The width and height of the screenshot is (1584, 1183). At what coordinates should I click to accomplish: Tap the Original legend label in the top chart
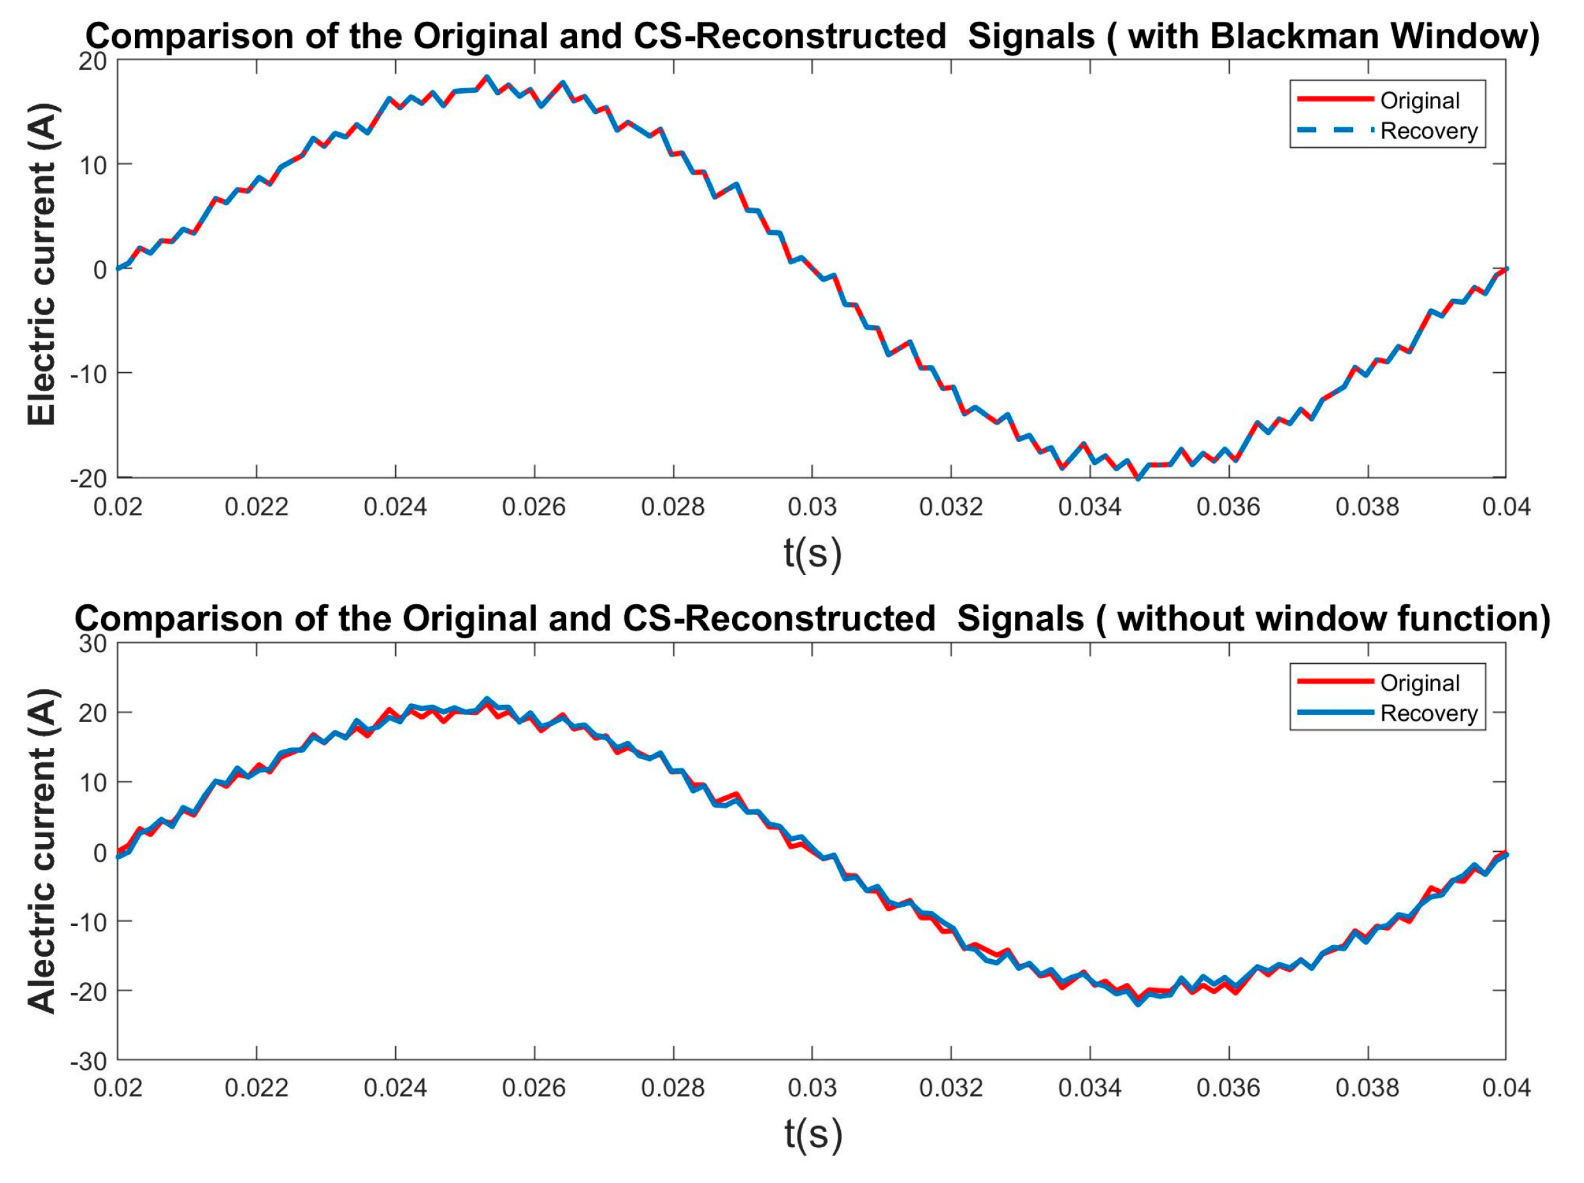click(1419, 100)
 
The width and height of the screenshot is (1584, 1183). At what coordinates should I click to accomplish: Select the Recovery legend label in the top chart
click(1429, 131)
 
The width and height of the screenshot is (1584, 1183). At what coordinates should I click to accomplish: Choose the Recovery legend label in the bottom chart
click(1429, 713)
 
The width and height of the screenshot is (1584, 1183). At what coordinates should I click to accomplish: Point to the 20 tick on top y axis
click(92, 61)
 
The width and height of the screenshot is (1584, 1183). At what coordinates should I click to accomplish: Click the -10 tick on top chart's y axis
click(88, 374)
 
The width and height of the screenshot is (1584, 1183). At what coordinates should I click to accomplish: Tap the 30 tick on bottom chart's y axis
click(92, 644)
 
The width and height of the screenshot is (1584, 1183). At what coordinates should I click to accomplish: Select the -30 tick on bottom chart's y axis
click(88, 1062)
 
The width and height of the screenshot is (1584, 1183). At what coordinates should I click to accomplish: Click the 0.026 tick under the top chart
click(533, 507)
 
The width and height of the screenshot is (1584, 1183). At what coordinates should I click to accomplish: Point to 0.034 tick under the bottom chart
click(1089, 1088)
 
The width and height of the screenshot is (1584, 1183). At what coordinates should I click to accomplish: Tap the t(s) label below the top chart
click(812, 554)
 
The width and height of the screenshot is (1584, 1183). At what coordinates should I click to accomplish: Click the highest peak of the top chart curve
click(486, 77)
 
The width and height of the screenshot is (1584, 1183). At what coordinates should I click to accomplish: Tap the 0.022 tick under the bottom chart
click(256, 1088)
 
